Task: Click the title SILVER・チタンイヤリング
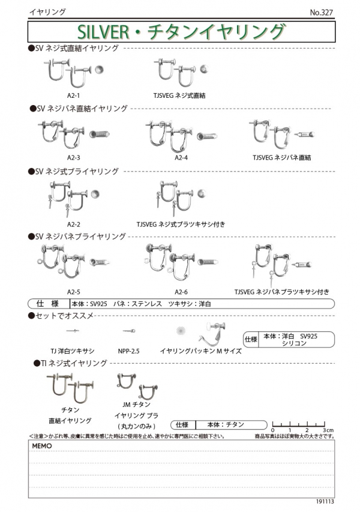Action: (181, 31)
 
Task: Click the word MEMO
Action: (43, 447)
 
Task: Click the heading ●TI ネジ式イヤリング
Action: (70, 364)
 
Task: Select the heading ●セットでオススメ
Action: (61, 315)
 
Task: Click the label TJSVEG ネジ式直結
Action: (179, 94)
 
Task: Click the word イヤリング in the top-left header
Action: (47, 12)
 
